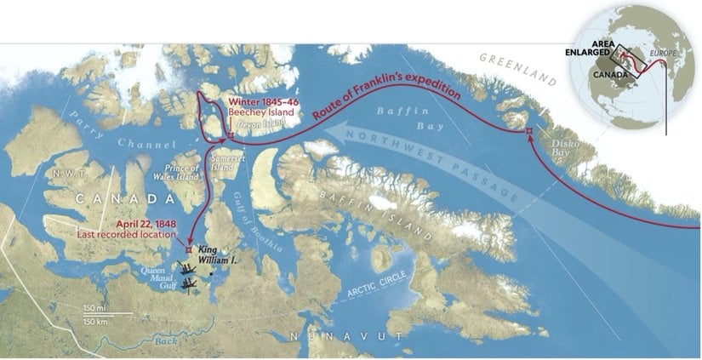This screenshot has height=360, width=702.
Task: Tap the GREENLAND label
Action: pos(518,70)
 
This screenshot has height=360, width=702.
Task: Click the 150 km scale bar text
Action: pos(95,320)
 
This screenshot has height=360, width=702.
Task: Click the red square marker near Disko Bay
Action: pos(528,131)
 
